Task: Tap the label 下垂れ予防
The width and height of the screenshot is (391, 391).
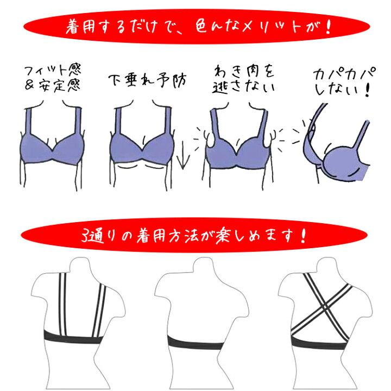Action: tap(147, 80)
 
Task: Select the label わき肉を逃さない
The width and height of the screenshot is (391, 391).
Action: tap(241, 77)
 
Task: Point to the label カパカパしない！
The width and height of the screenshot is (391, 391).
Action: tap(342, 81)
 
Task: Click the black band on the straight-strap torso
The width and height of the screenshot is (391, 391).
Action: tap(71, 336)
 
